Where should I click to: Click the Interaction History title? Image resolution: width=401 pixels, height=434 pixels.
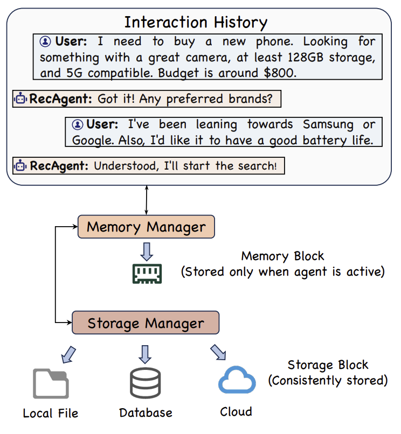[x=196, y=23]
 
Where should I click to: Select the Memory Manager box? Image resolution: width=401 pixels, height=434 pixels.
[x=146, y=227]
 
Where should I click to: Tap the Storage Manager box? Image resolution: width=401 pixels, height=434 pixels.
[x=146, y=323]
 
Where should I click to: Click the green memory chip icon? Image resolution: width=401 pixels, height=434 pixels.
[x=147, y=274]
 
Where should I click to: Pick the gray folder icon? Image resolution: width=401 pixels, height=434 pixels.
[x=51, y=383]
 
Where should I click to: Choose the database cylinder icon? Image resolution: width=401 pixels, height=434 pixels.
[x=146, y=383]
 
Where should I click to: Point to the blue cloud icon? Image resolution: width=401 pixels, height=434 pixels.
[x=237, y=380]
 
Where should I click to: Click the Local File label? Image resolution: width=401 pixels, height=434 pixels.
[x=51, y=413]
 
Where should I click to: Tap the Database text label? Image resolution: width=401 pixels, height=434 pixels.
[x=146, y=412]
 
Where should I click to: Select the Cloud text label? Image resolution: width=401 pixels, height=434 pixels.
[x=236, y=411]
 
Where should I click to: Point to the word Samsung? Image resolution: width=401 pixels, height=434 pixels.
[x=328, y=124]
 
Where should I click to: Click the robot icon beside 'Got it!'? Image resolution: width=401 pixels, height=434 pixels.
[x=20, y=98]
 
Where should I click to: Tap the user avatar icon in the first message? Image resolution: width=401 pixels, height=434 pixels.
[x=45, y=41]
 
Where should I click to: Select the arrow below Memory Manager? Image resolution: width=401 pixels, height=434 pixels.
[x=147, y=251]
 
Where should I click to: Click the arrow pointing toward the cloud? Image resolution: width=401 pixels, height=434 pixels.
[x=218, y=352]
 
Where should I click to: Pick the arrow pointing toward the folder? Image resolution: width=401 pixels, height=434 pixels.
[x=68, y=354]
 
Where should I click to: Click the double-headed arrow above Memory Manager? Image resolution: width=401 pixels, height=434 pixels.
[x=147, y=200]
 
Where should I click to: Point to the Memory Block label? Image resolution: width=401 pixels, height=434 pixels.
[x=282, y=256]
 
